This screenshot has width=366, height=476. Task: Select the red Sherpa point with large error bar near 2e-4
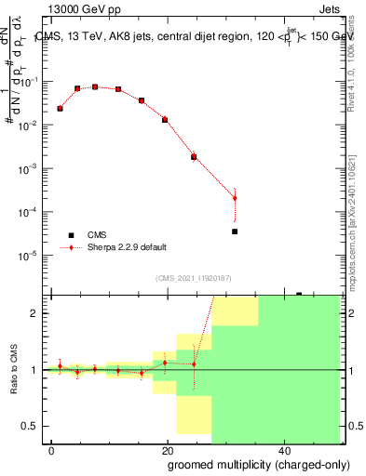235,197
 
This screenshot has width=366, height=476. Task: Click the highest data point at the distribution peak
95,86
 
